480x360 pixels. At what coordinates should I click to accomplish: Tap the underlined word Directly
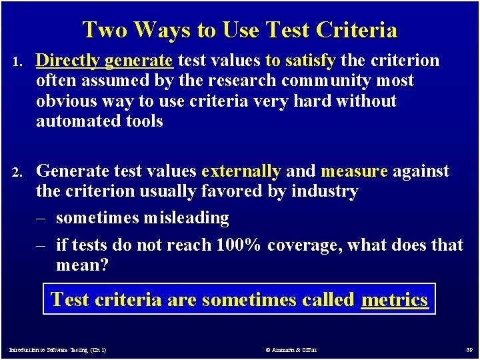click(67, 61)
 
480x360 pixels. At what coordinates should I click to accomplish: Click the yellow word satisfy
click(310, 61)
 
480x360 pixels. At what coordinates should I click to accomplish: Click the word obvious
click(67, 101)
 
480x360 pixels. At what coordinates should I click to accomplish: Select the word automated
click(74, 121)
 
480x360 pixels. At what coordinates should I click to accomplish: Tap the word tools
click(141, 121)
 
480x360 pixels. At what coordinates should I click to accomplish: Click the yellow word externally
click(241, 171)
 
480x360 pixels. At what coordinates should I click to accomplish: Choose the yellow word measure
click(354, 171)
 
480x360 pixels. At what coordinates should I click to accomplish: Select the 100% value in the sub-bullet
click(238, 245)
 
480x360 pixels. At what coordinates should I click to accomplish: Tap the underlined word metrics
click(394, 299)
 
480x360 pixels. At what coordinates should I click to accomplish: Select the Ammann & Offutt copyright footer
click(291, 349)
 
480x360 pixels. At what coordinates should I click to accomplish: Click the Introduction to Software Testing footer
click(57, 349)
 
